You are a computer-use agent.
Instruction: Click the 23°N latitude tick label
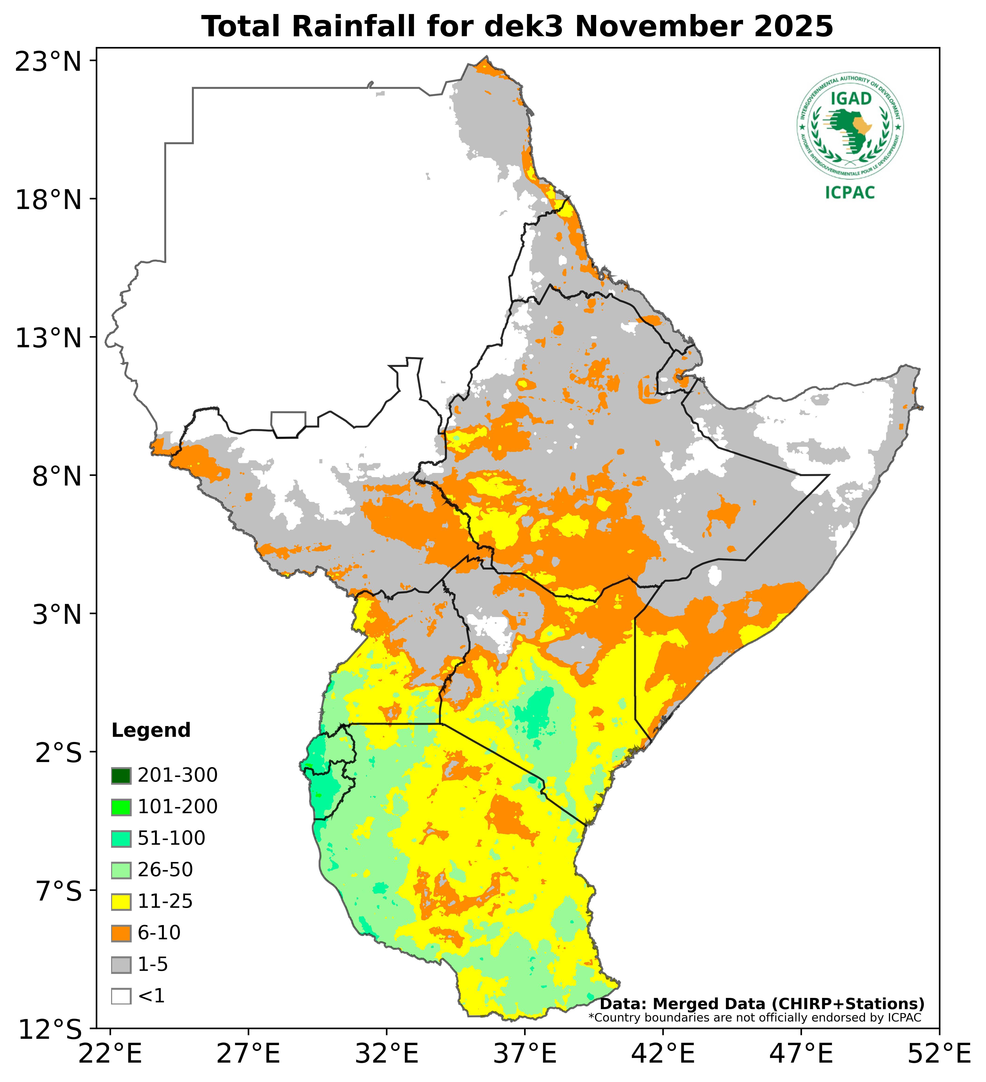click(48, 62)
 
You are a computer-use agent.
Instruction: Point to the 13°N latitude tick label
click(48, 339)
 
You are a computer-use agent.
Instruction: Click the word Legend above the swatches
click(151, 731)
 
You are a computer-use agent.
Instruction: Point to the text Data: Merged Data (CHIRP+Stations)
click(762, 1004)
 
